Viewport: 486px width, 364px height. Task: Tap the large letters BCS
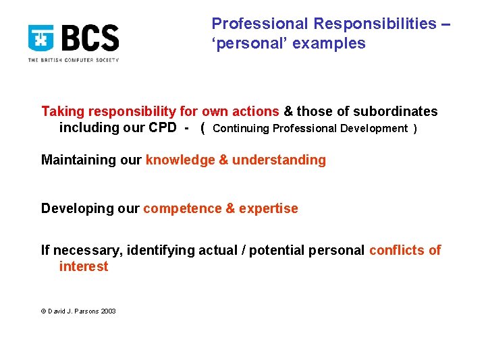tap(90, 38)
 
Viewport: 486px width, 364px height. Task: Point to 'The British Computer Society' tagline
tap(73, 60)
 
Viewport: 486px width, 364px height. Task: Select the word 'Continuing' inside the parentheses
tap(240, 129)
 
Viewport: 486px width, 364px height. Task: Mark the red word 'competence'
tap(182, 209)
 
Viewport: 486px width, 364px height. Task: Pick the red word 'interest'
tap(83, 267)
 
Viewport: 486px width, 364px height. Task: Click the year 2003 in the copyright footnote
tap(108, 311)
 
